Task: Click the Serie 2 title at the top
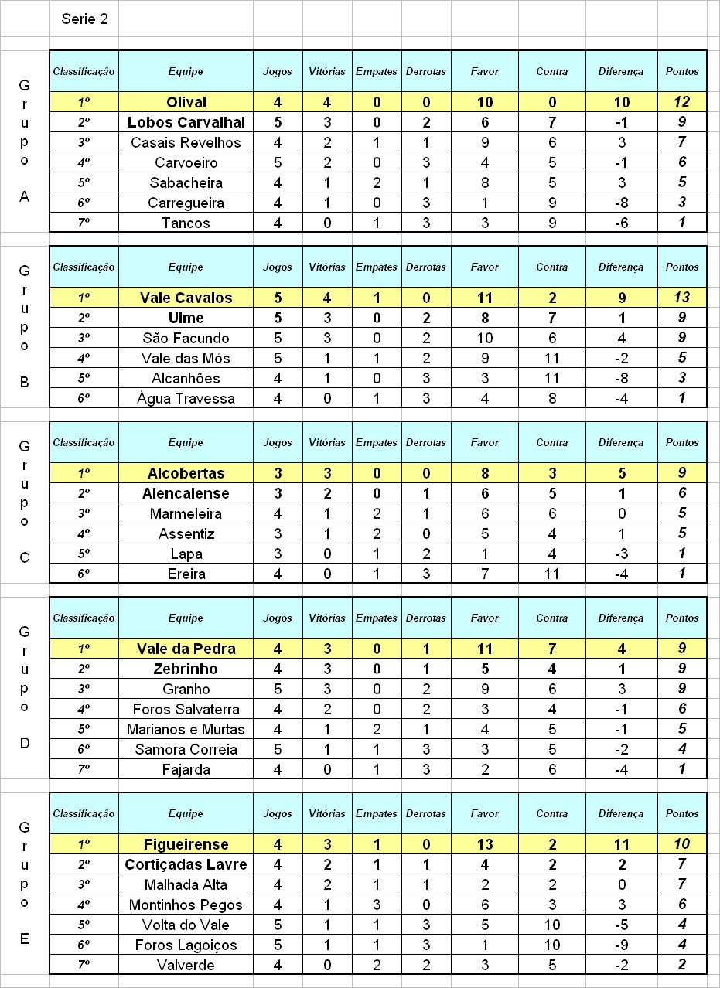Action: point(84,19)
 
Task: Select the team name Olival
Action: point(186,102)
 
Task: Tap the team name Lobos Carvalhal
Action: point(186,122)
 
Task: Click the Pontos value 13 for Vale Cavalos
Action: point(681,298)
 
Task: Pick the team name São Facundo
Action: point(186,338)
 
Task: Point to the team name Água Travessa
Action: point(186,398)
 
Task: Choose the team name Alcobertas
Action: point(186,473)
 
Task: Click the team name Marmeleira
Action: point(186,513)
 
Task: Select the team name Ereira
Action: point(186,574)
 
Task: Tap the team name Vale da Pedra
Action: point(186,649)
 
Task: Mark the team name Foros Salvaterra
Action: point(186,709)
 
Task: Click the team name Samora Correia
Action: point(186,749)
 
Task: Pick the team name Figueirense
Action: point(186,844)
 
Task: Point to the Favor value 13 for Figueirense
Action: point(485,844)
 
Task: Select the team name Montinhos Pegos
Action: point(186,905)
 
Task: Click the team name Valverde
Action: point(186,965)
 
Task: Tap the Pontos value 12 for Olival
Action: point(681,102)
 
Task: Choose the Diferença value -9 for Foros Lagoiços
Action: point(621,945)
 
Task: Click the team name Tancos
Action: point(186,223)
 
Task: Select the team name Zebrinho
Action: point(186,669)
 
